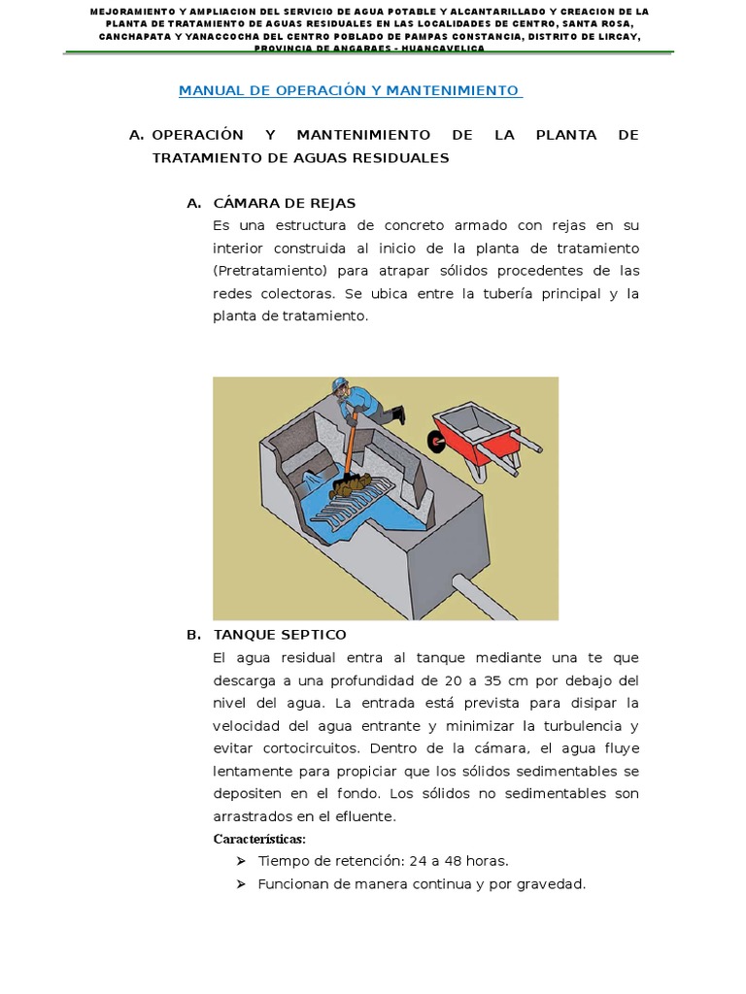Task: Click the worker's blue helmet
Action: [338, 385]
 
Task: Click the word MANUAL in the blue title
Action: [207, 90]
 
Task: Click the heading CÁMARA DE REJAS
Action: [285, 203]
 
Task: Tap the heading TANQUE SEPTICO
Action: [280, 635]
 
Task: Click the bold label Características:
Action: [259, 839]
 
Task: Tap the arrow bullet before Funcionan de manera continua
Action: [240, 884]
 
